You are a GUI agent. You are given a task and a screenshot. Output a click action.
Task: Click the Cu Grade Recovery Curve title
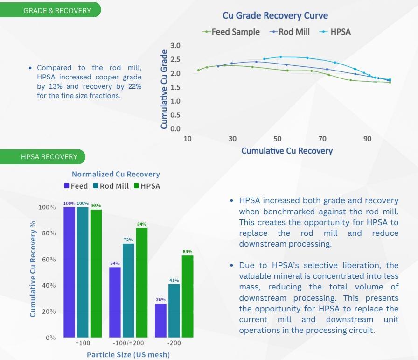point(275,15)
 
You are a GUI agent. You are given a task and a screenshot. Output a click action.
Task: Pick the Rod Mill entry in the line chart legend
point(290,32)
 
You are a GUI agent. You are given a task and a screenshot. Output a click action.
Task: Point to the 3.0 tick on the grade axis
point(175,46)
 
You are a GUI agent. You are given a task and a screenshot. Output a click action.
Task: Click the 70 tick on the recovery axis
point(322,139)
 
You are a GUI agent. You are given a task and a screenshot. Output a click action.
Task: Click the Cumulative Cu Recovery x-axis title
point(287,151)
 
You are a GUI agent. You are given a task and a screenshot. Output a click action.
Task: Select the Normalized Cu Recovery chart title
point(116,174)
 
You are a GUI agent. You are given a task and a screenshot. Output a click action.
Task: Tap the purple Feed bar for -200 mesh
point(160,320)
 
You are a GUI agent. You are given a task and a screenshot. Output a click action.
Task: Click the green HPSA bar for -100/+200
point(141,282)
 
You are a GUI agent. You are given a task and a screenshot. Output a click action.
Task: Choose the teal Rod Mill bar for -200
point(174,311)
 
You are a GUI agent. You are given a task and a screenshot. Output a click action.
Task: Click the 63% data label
point(188,252)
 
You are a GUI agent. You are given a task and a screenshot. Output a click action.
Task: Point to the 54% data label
point(115,263)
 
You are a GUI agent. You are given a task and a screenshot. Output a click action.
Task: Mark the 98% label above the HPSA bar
point(96,205)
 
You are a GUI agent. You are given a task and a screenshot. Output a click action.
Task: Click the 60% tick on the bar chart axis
point(46,260)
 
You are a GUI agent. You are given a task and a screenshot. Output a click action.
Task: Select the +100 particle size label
point(83,343)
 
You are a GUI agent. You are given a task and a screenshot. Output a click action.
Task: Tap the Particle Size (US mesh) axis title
point(128,354)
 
